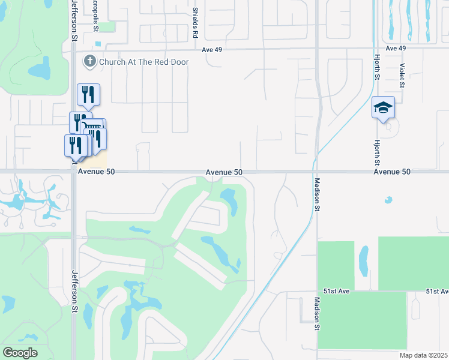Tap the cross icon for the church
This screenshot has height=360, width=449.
tap(90, 61)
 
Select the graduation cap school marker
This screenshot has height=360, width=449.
tap(383, 108)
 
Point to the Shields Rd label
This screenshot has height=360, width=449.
tap(195, 23)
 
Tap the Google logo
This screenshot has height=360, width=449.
tap(20, 353)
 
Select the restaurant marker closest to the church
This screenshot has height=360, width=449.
tap(88, 94)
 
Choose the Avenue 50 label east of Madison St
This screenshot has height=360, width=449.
tap(392, 172)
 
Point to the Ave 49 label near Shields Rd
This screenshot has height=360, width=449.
tap(212, 49)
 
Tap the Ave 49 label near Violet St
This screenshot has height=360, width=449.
tap(396, 48)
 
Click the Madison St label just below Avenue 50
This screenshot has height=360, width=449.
tap(316, 194)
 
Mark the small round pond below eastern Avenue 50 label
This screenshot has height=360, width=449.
tap(388, 200)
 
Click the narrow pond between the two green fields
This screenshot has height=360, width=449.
tap(363, 259)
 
